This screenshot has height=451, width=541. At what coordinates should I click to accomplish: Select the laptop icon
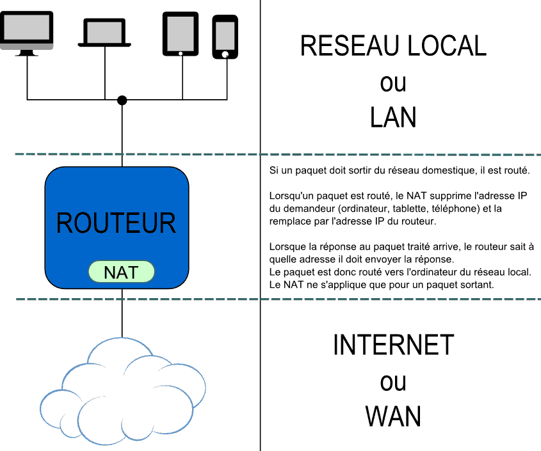click(104, 33)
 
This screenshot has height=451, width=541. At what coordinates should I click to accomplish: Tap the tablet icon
click(181, 34)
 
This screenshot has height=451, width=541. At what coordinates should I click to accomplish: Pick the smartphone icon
click(225, 36)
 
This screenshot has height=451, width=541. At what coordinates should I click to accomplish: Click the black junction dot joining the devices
click(122, 100)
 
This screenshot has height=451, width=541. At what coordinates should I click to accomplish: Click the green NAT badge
click(121, 272)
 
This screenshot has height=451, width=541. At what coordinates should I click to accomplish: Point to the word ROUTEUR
click(116, 223)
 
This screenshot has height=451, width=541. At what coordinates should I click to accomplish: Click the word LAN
click(393, 117)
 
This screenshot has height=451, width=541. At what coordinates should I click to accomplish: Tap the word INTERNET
click(393, 345)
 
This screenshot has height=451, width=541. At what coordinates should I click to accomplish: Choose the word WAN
click(393, 416)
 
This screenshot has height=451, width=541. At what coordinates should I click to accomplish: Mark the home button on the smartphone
click(225, 55)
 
